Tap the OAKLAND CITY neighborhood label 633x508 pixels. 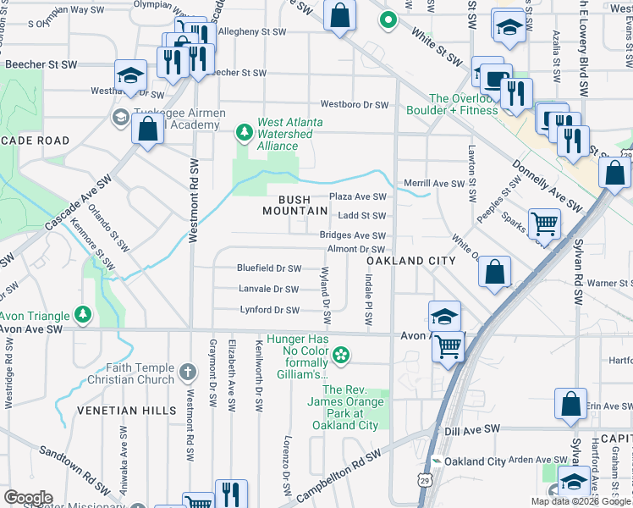click(410, 262)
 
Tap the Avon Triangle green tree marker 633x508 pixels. click(82, 316)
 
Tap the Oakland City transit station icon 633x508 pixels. click(437, 461)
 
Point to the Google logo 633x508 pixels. click(28, 498)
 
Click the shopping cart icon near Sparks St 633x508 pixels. click(544, 224)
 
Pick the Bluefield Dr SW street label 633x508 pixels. click(270, 268)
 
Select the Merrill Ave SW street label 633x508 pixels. click(434, 184)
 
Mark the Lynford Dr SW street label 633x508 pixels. click(269, 311)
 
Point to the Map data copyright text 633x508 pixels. click(581, 501)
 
